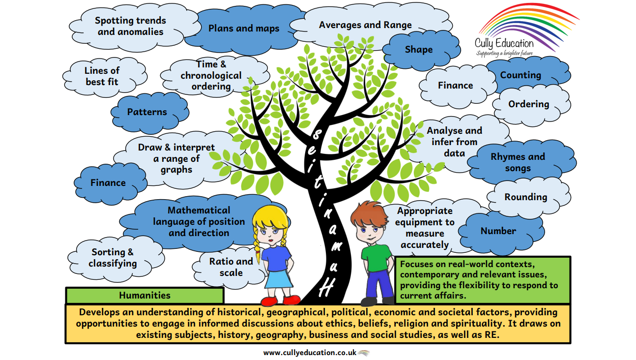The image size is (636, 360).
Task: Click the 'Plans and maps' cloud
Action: (x=243, y=29)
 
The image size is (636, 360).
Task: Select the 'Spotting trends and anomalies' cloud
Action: (x=130, y=26)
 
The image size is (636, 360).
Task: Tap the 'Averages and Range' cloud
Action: (x=365, y=25)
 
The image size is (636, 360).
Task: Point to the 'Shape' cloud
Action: (x=419, y=50)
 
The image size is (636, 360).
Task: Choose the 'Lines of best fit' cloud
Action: (x=102, y=76)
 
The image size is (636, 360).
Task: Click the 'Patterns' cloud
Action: (x=147, y=112)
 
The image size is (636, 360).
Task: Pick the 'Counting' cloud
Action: (x=520, y=75)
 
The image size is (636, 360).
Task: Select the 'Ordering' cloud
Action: (x=528, y=104)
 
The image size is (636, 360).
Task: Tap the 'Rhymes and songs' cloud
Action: (x=518, y=162)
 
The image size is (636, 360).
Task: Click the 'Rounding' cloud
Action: (x=525, y=197)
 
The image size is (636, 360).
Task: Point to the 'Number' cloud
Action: (x=498, y=231)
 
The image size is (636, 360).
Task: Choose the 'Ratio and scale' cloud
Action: (x=231, y=267)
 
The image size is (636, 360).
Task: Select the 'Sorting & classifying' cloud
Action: (x=113, y=258)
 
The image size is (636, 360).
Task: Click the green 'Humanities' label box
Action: (x=145, y=296)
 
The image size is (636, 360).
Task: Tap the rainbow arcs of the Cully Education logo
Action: (x=528, y=22)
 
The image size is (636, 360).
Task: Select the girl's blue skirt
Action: (x=279, y=278)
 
